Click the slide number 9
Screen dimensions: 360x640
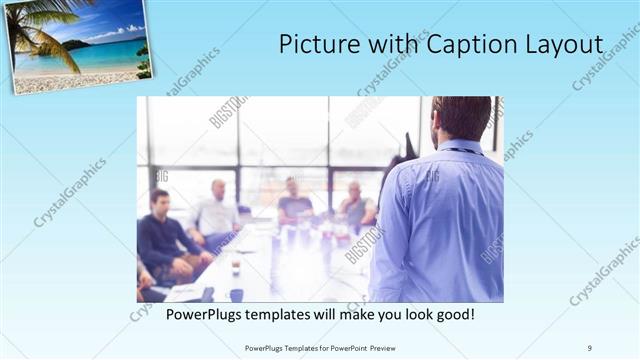click(590, 347)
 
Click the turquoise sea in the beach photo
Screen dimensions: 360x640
click(110, 55)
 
